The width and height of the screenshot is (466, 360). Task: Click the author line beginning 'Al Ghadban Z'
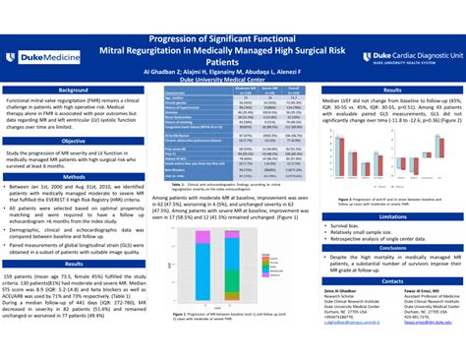point(233,73)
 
